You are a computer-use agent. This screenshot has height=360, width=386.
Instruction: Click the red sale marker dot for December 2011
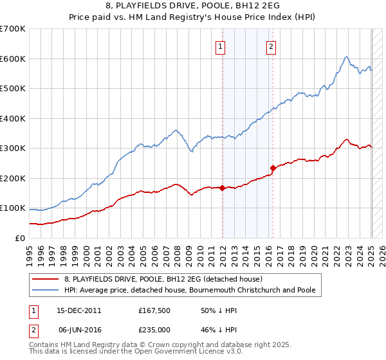[223, 188]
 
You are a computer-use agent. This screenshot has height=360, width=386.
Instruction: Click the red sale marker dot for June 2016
[273, 168]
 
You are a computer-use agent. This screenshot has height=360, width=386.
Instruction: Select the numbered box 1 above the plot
[221, 46]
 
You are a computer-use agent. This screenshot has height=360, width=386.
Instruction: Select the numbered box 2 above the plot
[271, 46]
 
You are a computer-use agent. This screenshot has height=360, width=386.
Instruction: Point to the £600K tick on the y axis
[14, 59]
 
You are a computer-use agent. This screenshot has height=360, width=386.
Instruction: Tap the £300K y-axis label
[14, 148]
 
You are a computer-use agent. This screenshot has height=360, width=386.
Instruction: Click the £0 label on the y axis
[19, 239]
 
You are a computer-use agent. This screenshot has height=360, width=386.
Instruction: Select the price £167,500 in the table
[153, 310]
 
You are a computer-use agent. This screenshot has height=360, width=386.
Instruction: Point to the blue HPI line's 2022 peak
[346, 57]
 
